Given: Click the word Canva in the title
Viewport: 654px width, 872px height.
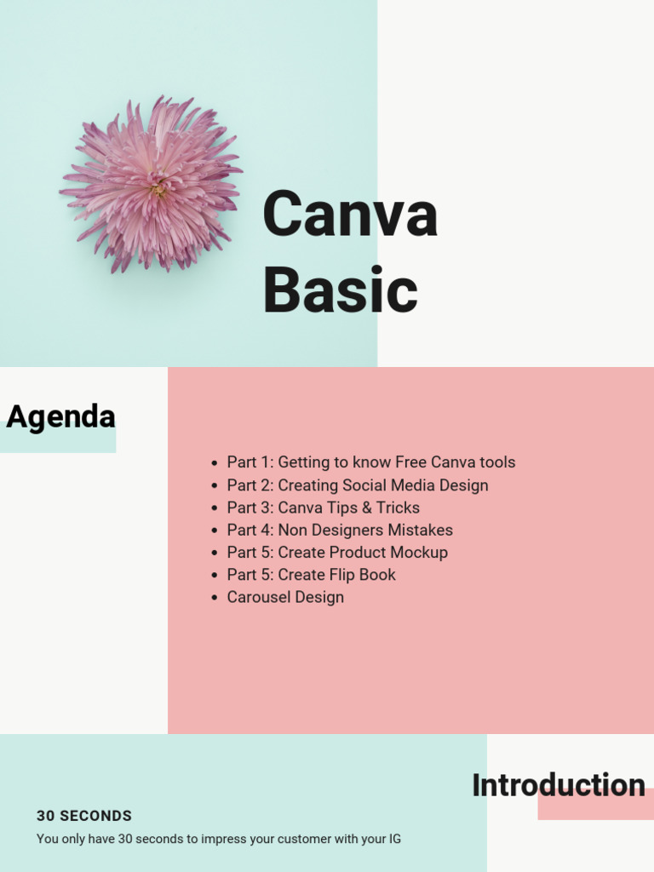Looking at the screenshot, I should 350,215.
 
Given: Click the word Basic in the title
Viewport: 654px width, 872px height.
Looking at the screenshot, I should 340,290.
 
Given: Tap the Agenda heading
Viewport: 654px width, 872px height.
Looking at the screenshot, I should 60,417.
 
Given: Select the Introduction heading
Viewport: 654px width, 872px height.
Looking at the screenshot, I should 558,785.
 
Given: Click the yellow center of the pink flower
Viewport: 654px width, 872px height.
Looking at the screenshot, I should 158,191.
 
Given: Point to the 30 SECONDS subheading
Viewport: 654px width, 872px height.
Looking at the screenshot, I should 84,816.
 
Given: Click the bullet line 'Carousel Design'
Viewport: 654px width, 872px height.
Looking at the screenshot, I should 285,597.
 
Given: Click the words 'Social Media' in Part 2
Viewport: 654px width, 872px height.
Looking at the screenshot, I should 388,485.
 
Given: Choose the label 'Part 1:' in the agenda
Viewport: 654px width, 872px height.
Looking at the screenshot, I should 250,462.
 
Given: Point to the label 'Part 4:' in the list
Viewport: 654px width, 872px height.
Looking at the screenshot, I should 250,530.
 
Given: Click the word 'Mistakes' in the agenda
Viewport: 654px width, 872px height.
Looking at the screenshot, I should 421,530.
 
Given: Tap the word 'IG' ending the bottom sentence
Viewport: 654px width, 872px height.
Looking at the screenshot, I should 394,839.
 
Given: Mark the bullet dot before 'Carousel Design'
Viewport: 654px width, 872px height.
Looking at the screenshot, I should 215,598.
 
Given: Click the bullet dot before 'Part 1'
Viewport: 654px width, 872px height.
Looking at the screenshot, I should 215,463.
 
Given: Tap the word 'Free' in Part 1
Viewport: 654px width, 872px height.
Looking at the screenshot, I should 410,462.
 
